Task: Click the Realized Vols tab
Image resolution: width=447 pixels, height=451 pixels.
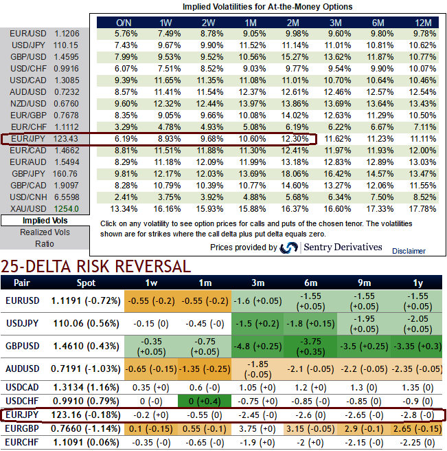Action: point(45,232)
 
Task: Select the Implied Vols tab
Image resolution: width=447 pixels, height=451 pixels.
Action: point(45,221)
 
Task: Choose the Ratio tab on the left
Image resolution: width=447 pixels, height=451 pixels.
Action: point(45,243)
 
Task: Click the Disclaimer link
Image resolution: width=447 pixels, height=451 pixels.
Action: point(409,251)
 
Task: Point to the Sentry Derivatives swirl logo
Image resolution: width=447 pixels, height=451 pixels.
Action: point(289,247)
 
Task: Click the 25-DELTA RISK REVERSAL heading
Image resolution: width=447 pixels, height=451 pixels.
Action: point(95,266)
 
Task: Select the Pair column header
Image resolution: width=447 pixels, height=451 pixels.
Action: point(21,283)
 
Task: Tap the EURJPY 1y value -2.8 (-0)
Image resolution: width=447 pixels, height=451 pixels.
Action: point(416,415)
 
